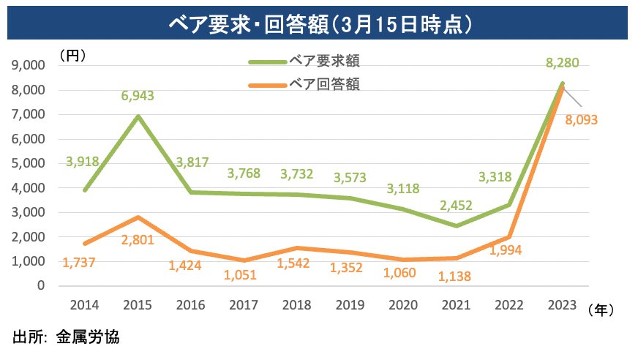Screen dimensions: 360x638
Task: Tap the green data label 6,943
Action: pos(138,95)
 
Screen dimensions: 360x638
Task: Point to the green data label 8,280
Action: pos(563,63)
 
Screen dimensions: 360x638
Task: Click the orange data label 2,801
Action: pos(138,240)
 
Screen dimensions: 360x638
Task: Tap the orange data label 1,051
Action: pos(243,276)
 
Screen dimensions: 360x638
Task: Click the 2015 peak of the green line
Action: pos(138,116)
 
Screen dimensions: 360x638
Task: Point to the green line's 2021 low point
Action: pos(457,225)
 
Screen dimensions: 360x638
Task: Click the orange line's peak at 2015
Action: pos(138,217)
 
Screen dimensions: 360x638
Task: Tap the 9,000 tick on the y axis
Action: pos(30,65)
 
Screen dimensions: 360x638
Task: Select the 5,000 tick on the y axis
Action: pos(30,163)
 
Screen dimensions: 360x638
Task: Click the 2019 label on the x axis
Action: pos(350,307)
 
